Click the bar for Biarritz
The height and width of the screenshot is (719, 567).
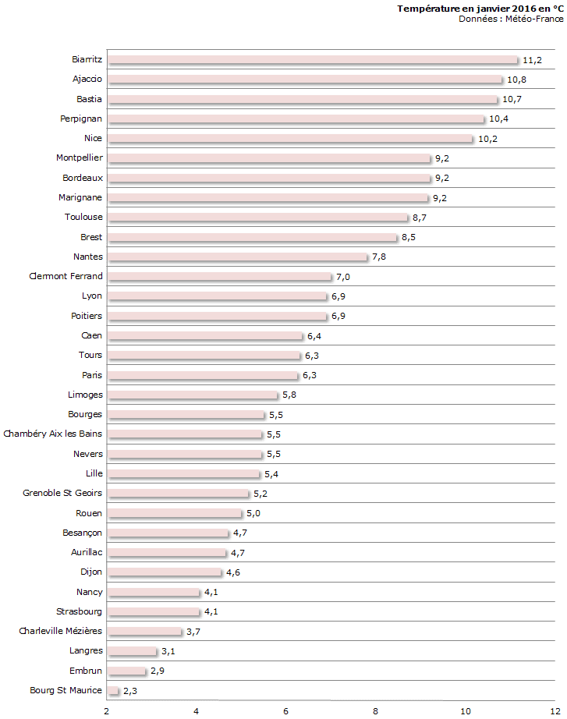312,60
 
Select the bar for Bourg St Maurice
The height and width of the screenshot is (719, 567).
113,691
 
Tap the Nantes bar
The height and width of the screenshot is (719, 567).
237,257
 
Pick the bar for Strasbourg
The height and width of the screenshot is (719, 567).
154,612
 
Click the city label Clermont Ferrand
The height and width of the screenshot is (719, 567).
66,276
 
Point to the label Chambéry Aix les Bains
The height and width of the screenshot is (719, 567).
53,434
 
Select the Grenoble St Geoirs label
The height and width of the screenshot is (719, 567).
62,493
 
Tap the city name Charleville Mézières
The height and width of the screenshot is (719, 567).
61,631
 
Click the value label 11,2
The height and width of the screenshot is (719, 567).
532,60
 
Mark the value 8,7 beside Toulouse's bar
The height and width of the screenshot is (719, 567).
419,218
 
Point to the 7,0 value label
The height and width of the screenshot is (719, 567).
342,277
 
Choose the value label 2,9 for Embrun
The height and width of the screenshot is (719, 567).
157,671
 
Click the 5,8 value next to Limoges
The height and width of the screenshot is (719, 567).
289,395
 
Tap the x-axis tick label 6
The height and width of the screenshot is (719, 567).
286,710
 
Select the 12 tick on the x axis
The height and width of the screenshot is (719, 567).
555,710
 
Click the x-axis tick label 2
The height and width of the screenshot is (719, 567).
107,710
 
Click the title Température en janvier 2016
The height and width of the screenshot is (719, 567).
480,9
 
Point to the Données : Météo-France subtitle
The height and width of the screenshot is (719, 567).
511,19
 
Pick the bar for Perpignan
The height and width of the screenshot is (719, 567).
296,119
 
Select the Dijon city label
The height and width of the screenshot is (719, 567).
90,572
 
